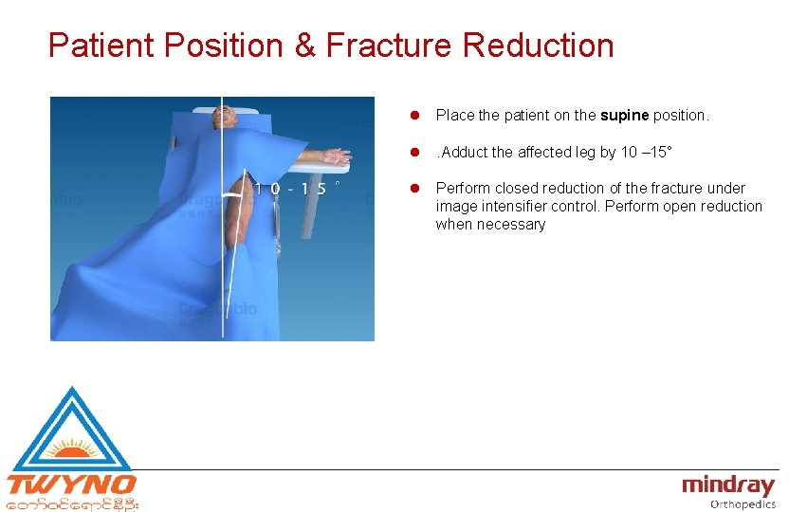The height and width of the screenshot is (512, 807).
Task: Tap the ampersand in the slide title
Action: tap(304, 45)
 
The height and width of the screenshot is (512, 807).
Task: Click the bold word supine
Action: tap(623, 116)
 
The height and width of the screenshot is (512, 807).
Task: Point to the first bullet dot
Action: tap(413, 116)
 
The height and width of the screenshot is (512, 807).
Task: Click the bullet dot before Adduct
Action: tap(413, 152)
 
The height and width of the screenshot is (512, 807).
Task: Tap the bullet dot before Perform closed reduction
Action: tap(413, 189)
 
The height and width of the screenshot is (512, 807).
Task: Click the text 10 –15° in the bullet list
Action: tap(653, 152)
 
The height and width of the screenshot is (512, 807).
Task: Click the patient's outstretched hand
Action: tap(336, 155)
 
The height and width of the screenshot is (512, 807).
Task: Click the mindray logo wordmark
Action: tap(728, 485)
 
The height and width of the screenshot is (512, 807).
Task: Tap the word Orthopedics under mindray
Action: tap(743, 504)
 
